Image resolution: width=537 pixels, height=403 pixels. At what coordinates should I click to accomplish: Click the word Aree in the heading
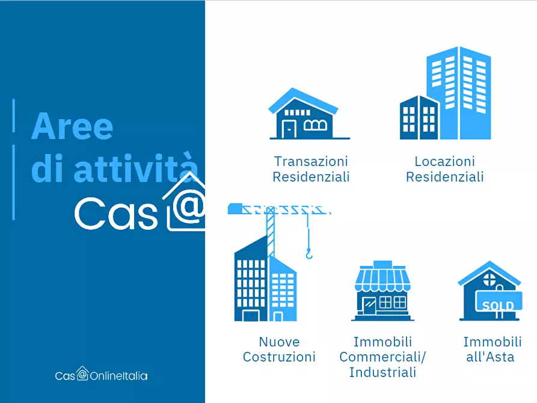pos(72,126)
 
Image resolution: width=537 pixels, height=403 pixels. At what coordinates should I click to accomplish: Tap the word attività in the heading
pos(136,168)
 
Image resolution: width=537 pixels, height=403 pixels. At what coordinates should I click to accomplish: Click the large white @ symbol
pos(188,206)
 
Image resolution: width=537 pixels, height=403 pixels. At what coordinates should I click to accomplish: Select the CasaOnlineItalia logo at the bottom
pos(101,374)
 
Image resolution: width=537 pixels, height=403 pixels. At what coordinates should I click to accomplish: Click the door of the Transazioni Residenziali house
pos(289,129)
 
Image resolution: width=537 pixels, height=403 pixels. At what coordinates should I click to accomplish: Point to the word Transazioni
pos(311,161)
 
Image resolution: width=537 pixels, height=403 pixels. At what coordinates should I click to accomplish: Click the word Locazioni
pos(444,161)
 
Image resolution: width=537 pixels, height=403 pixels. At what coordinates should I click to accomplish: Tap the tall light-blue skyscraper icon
pos(459,93)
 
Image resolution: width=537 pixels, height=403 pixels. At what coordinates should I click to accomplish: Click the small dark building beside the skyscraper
pos(419,117)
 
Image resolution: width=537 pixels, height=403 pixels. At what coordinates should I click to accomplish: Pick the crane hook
pos(309,254)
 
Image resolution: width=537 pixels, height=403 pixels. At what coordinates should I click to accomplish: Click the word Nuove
pos(279,342)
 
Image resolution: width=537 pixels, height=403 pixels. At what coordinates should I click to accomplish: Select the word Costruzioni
pos(279,357)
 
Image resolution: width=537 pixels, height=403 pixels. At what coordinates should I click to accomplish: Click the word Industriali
pos(382,372)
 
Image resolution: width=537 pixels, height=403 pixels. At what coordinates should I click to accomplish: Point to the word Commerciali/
pos(382,357)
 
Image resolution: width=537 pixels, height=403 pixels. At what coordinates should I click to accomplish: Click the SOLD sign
pos(499,301)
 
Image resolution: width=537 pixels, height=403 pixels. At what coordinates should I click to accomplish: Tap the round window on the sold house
pos(489,279)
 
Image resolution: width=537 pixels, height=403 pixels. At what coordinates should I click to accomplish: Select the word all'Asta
pos(490,357)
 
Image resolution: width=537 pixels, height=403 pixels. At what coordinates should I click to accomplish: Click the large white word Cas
pos(116,214)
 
